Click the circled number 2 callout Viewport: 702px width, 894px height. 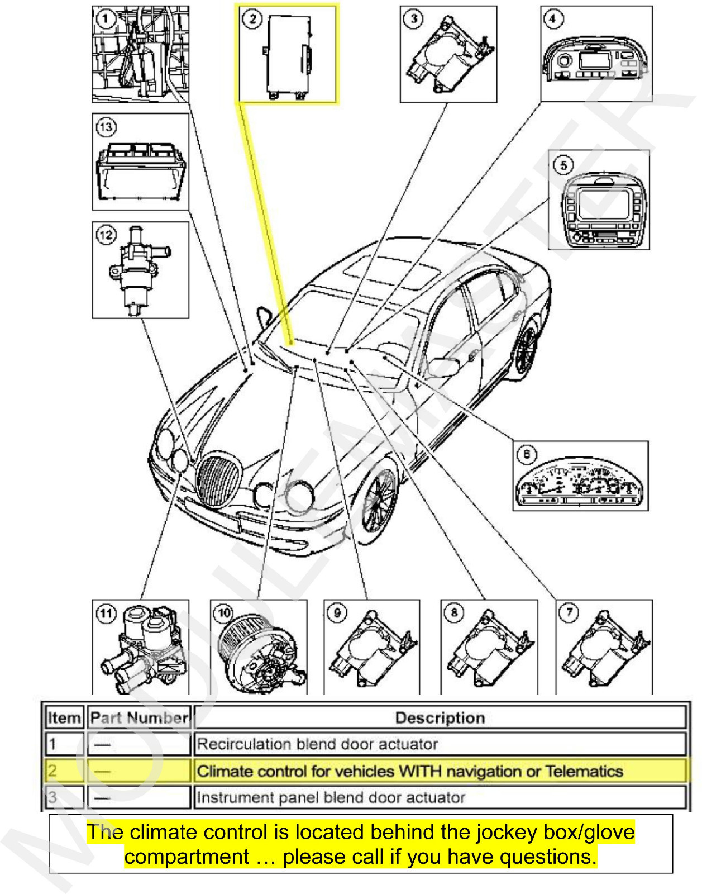point(252,19)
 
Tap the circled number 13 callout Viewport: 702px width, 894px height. point(106,127)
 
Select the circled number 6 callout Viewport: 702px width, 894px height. point(527,454)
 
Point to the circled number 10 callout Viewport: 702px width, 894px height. point(224,614)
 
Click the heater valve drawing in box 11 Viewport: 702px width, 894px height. point(142,648)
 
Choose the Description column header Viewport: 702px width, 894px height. point(440,718)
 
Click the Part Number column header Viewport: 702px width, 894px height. point(139,718)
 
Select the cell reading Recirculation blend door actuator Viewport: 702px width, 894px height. point(317,744)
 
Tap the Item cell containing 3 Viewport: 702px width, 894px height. point(52,797)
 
